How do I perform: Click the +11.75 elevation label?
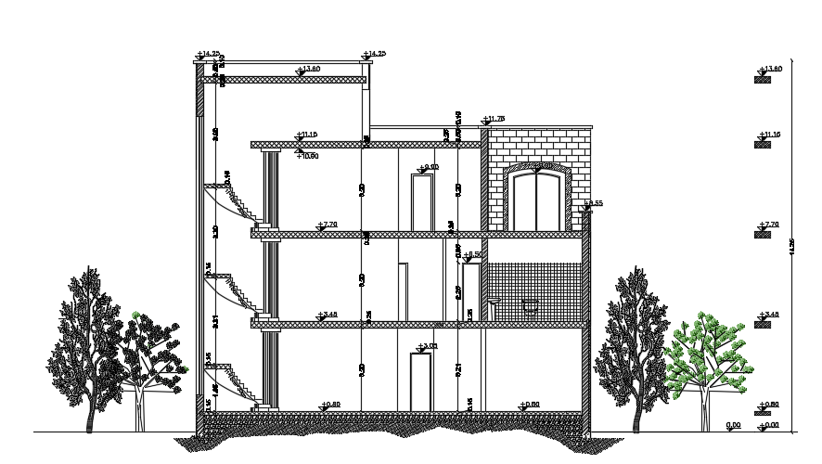click(x=494, y=119)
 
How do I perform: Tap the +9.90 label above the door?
click(x=428, y=168)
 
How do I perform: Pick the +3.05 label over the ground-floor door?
click(x=428, y=347)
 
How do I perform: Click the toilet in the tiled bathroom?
click(x=531, y=307)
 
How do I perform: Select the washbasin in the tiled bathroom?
click(x=494, y=303)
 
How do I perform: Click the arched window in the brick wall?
click(x=538, y=197)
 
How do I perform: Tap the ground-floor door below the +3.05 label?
click(x=421, y=381)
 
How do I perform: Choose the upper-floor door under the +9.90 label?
click(x=422, y=201)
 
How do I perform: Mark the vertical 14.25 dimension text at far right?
click(x=791, y=247)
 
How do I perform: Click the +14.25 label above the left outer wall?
click(x=209, y=54)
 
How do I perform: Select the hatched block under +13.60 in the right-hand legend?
click(x=763, y=81)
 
